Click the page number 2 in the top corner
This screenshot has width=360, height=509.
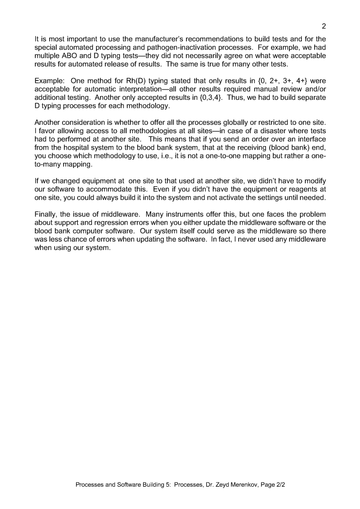tap(324, 26)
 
